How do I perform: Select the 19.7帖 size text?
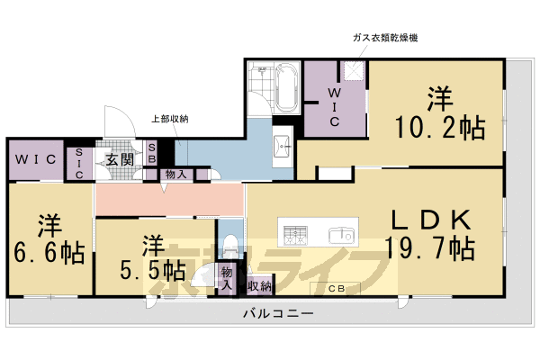pyautogui.click(x=429, y=247)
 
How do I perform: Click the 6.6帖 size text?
pyautogui.click(x=49, y=252)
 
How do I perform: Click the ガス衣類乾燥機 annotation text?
pyautogui.click(x=385, y=39)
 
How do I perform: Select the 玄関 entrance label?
pyautogui.click(x=117, y=159)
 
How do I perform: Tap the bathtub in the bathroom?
pyautogui.click(x=289, y=87)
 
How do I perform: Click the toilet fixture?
pyautogui.click(x=231, y=243)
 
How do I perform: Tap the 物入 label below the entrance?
pyautogui.click(x=175, y=175)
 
